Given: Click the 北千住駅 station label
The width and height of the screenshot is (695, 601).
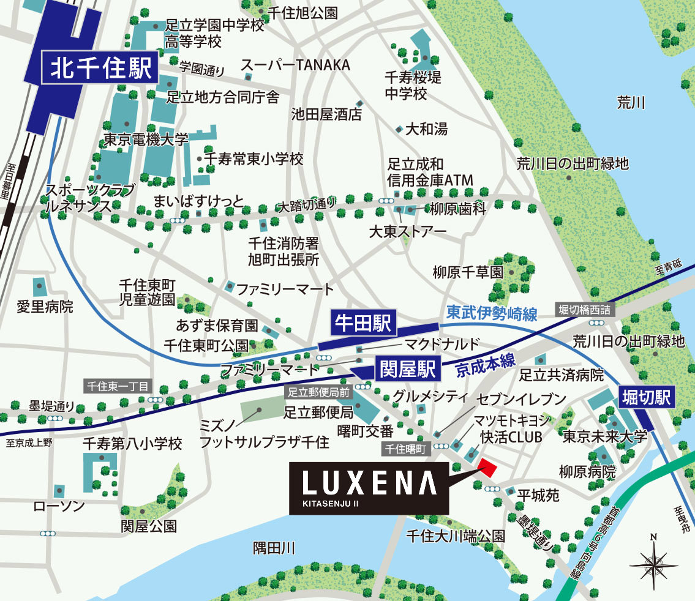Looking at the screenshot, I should (101, 69).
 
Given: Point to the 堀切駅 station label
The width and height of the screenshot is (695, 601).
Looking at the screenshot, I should (647, 398).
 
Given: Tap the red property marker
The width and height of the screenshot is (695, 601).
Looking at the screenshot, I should (487, 467).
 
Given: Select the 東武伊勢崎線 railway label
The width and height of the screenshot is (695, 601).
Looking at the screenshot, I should (492, 313).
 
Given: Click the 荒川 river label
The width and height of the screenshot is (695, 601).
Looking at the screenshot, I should (631, 103).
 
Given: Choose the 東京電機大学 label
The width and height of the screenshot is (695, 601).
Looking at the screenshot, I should (146, 140).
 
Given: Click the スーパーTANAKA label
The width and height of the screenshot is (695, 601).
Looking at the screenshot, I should (295, 65).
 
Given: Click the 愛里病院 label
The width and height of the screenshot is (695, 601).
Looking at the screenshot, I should (45, 306).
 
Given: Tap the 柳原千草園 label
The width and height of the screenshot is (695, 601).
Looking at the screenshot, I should (467, 272).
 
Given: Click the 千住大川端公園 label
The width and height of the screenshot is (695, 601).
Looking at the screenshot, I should (456, 536).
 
